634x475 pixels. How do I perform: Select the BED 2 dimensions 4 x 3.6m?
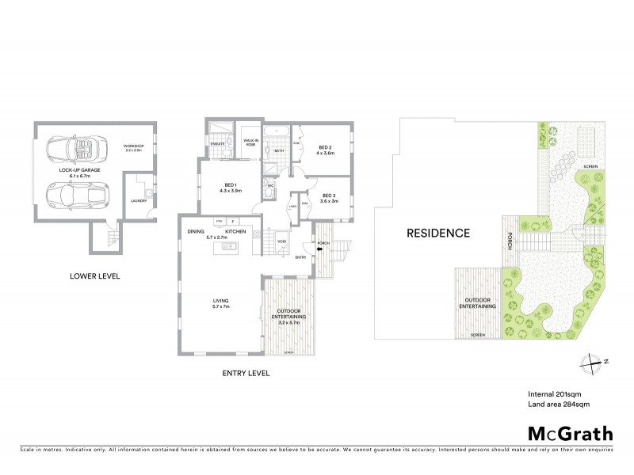click(325, 153)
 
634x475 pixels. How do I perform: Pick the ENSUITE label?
click(217, 143)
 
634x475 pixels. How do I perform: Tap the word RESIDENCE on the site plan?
click(438, 233)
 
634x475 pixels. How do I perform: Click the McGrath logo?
click(568, 433)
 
